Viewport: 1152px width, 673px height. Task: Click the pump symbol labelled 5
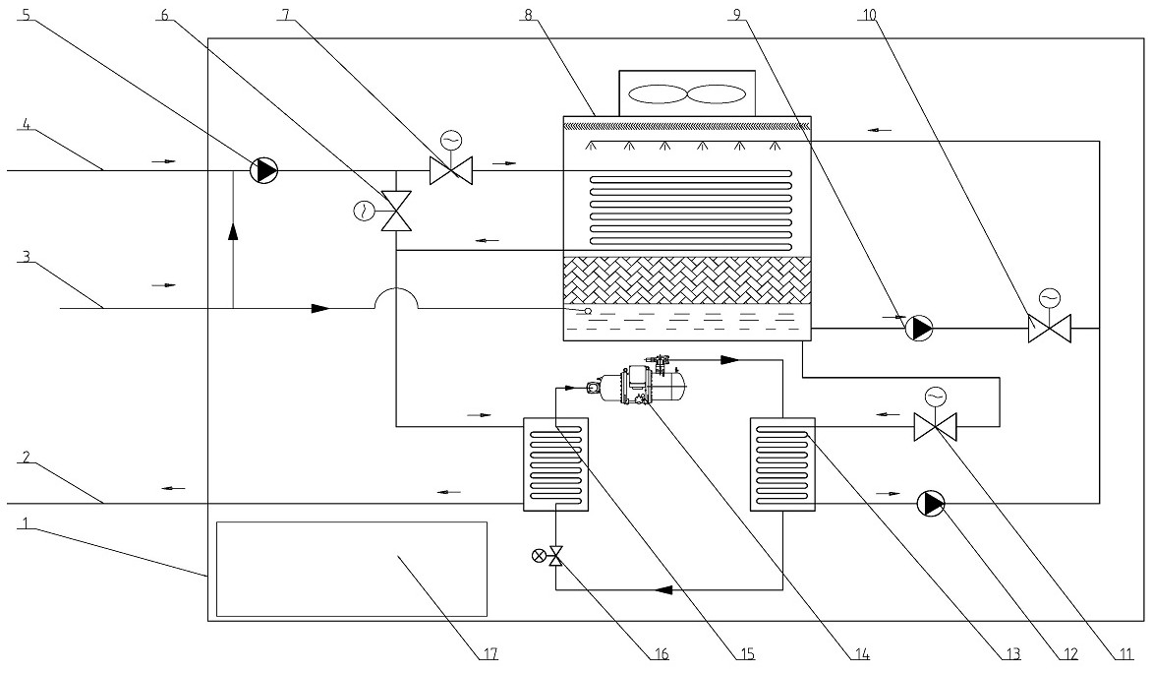tap(263, 170)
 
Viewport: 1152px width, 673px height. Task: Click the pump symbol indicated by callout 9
tap(918, 328)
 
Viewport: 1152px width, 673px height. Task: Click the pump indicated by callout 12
tap(931, 504)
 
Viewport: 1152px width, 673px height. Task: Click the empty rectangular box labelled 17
tap(352, 569)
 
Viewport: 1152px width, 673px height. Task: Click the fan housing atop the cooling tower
tap(687, 93)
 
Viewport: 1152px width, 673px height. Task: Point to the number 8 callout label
tap(528, 15)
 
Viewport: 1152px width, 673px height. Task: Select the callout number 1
tap(26, 523)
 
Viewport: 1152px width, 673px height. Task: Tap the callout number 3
tap(26, 257)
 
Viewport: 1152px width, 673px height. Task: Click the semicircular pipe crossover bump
tap(397, 298)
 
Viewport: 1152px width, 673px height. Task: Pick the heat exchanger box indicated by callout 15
tap(555, 463)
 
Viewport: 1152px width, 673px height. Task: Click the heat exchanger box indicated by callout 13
tap(782, 463)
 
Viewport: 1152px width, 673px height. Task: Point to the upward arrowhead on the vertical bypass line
tap(234, 231)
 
